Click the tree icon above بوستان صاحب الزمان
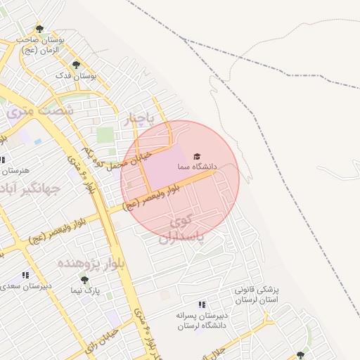[x=39, y=30]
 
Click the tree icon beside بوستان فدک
[x=76, y=65]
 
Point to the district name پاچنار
[x=139, y=120]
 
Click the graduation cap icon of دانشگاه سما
[x=197, y=155]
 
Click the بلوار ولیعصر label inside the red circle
[x=151, y=197]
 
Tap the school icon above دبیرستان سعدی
[x=25, y=276]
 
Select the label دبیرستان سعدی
[x=26, y=286]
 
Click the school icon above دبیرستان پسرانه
[x=202, y=304]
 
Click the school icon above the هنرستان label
[x=2, y=160]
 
